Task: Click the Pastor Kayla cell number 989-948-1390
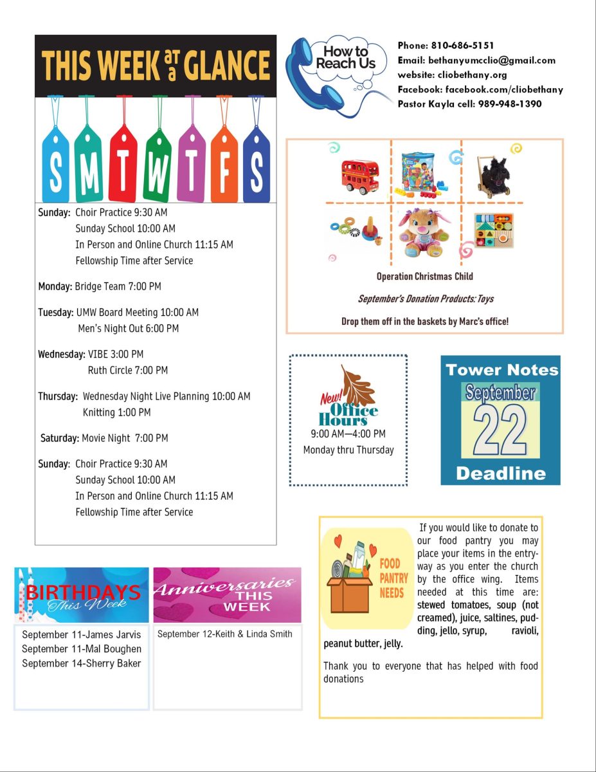click(x=510, y=104)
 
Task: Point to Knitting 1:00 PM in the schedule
click(x=117, y=412)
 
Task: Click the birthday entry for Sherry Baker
click(x=82, y=663)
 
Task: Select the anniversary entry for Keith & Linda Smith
click(x=225, y=634)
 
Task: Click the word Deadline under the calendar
click(x=500, y=473)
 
